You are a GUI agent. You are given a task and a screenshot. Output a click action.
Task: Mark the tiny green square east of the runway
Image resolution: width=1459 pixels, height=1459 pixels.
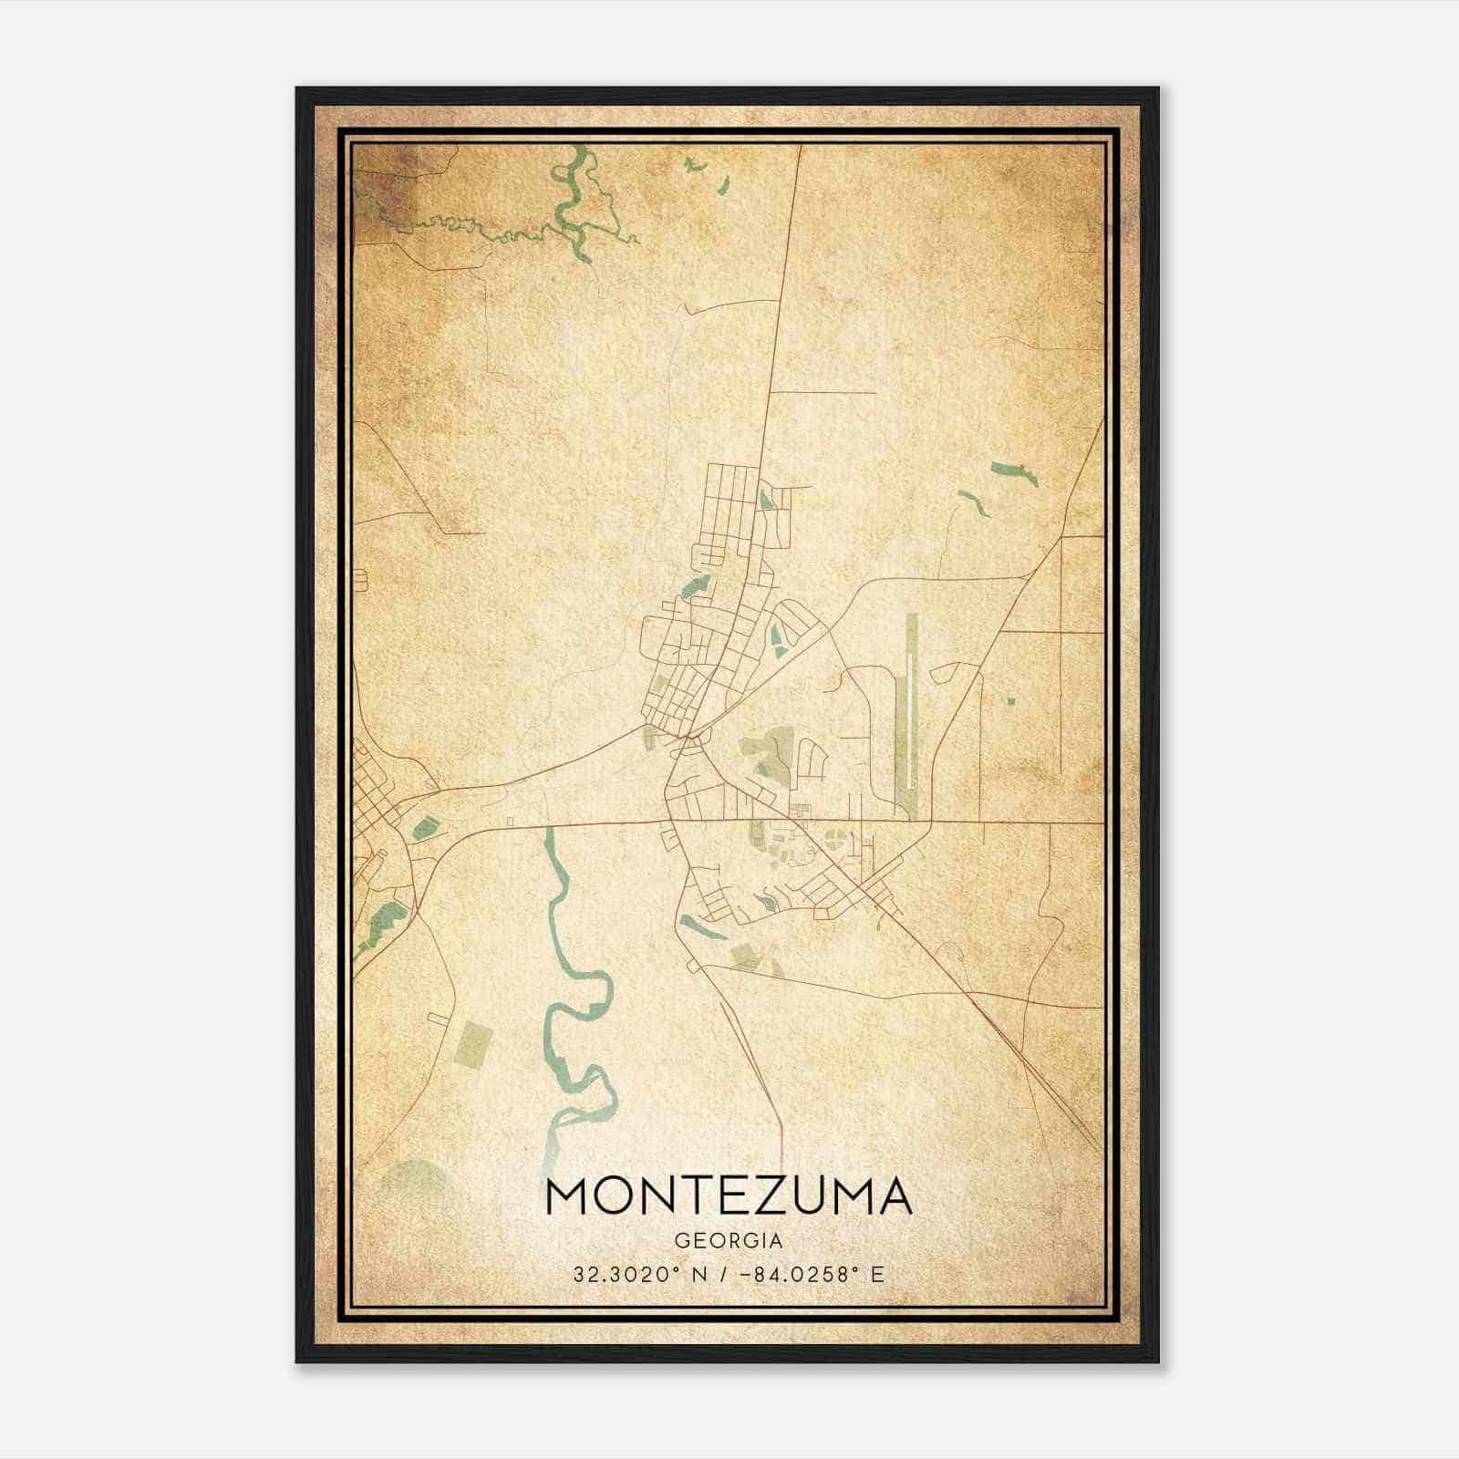[x=1010, y=701]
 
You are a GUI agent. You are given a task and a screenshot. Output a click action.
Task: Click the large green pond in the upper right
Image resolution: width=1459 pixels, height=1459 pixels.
[x=1013, y=472]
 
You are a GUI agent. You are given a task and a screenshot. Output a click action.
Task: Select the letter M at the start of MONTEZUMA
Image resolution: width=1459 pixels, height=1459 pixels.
[x=567, y=1197]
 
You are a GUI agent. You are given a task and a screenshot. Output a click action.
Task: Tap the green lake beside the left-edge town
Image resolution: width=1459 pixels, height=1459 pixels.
[x=424, y=828]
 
